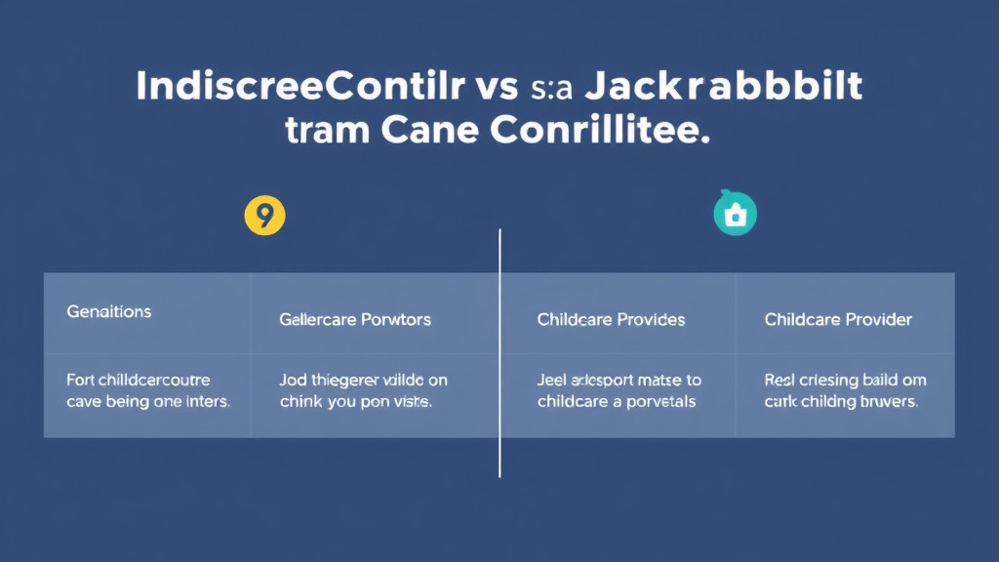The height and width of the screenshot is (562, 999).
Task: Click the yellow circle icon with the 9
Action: click(x=264, y=215)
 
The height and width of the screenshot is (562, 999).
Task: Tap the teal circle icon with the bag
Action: click(x=736, y=215)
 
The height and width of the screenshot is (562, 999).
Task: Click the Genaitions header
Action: click(x=109, y=312)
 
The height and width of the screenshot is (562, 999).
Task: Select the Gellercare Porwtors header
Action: click(x=355, y=319)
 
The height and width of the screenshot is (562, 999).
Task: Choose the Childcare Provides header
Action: click(x=611, y=319)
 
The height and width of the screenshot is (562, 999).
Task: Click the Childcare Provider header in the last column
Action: click(x=838, y=319)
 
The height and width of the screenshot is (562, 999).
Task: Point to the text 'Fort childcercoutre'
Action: click(x=138, y=380)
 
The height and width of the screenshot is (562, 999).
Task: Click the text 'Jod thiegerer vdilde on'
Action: click(x=363, y=380)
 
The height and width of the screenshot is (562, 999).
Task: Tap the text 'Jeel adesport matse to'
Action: click(x=619, y=380)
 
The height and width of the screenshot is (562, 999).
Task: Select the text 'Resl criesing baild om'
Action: click(x=845, y=380)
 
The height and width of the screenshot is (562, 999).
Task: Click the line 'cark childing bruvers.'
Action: click(x=841, y=401)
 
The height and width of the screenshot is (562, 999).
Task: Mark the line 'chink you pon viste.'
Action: click(x=355, y=401)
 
